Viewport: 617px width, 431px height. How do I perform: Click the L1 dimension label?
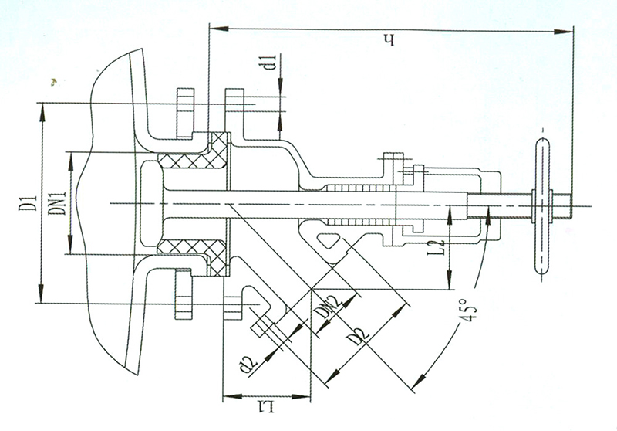point(266,409)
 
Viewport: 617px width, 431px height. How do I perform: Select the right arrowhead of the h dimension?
point(563,32)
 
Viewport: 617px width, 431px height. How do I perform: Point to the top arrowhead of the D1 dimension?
point(42,112)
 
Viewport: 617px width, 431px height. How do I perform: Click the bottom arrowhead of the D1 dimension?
point(42,294)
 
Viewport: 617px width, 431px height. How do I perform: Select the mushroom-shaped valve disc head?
point(151,202)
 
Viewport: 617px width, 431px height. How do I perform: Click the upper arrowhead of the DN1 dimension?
point(71,161)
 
